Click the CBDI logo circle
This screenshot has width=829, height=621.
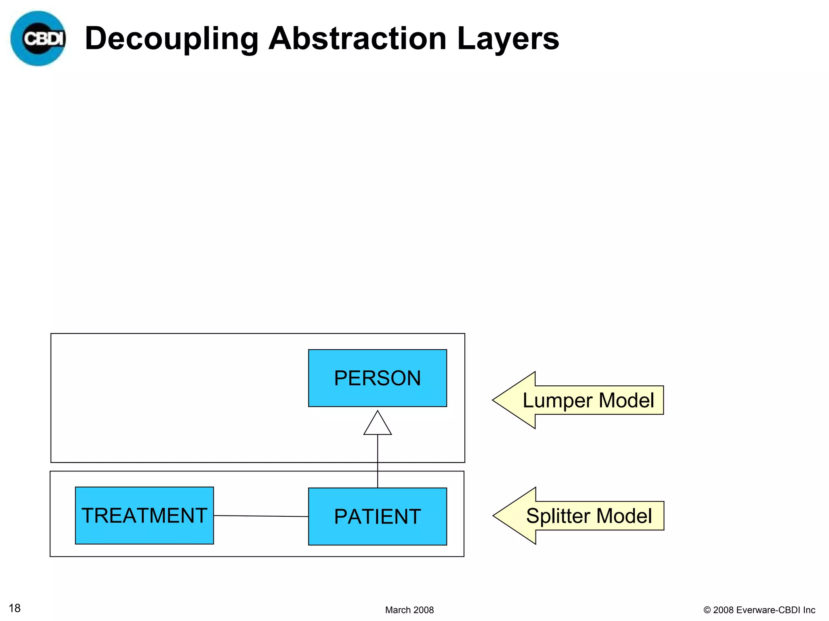pyautogui.click(x=38, y=38)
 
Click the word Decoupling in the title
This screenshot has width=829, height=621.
pyautogui.click(x=171, y=39)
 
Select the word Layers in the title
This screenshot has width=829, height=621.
pyautogui.click(x=508, y=39)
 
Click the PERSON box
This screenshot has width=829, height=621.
pyautogui.click(x=377, y=378)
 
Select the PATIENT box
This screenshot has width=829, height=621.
pyautogui.click(x=377, y=516)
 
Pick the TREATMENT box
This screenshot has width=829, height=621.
pyautogui.click(x=144, y=515)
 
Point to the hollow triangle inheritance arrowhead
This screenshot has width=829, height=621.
pyautogui.click(x=377, y=424)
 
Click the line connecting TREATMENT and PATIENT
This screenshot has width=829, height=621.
pyautogui.click(x=261, y=516)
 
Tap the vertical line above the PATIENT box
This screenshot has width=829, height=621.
pyautogui.click(x=378, y=461)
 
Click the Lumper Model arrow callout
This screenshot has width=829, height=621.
pyautogui.click(x=587, y=400)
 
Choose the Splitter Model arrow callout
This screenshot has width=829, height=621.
pyautogui.click(x=587, y=516)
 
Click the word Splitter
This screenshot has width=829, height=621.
pyautogui.click(x=558, y=516)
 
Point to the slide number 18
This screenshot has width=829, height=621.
pyautogui.click(x=15, y=608)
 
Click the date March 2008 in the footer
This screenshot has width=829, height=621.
pyautogui.click(x=409, y=610)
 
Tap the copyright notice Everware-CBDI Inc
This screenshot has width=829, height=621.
pyautogui.click(x=759, y=610)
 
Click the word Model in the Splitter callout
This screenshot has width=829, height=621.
pyautogui.click(x=624, y=516)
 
